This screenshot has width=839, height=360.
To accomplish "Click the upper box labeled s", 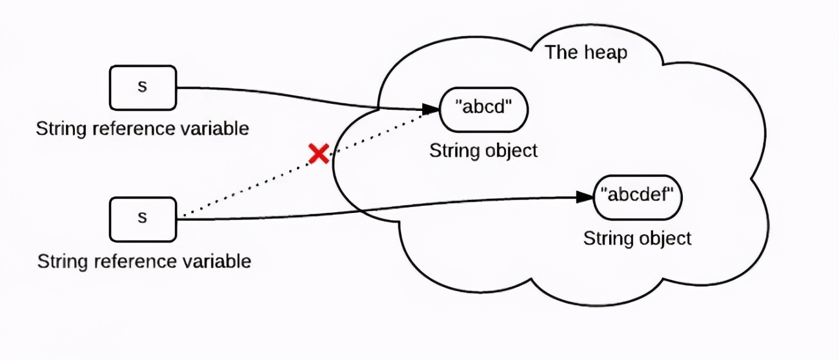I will pos(143,87).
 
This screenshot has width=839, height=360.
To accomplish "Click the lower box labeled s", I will pos(143,219).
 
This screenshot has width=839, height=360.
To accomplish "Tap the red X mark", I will pos(318,154).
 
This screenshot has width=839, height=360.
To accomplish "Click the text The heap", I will pos(585,52).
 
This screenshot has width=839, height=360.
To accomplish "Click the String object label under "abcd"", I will pos(483,151).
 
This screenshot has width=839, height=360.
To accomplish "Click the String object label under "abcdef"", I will pos(638,238).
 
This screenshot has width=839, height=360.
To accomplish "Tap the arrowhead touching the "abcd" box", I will pos(430,108).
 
